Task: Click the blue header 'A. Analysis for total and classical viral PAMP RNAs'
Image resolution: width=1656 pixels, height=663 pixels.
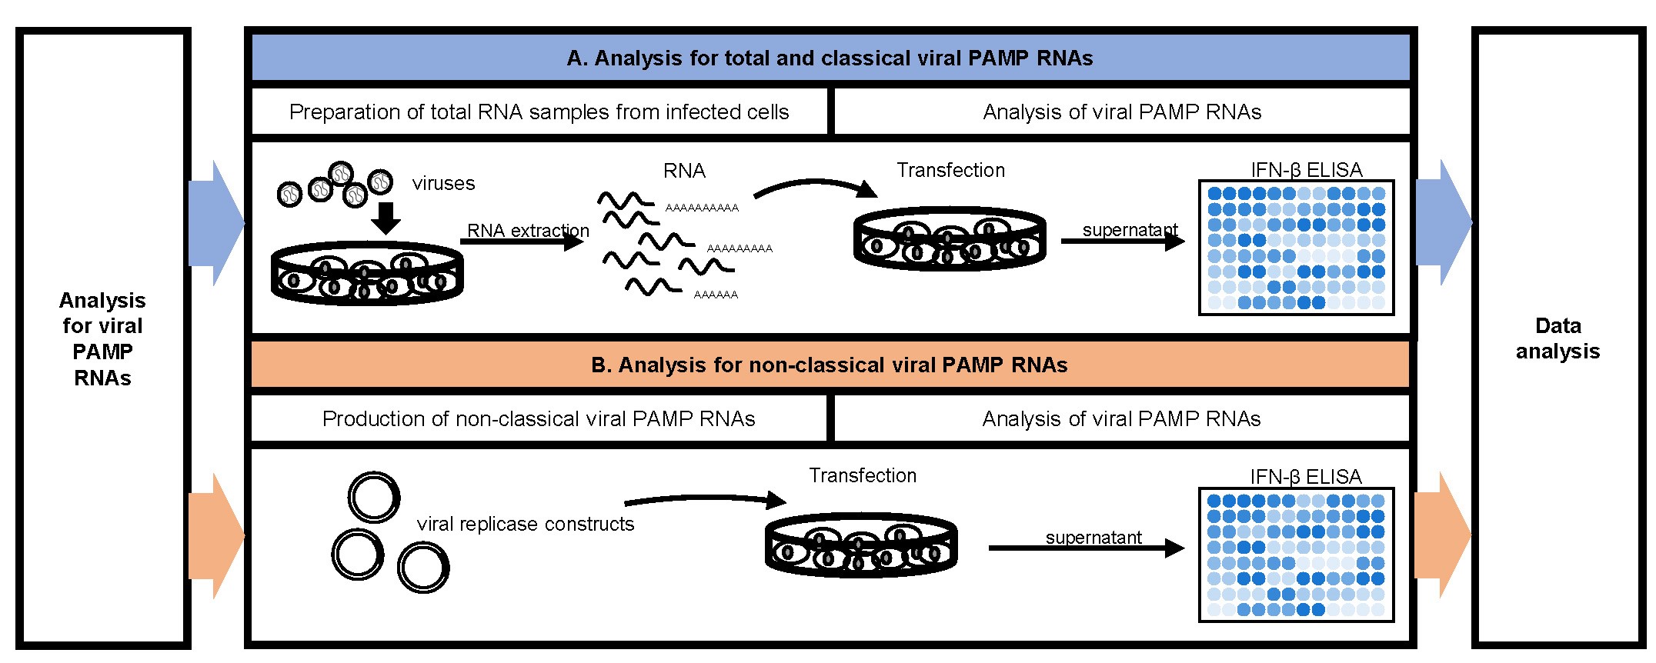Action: click(830, 58)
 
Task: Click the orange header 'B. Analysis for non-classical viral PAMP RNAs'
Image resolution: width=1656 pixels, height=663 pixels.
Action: click(830, 365)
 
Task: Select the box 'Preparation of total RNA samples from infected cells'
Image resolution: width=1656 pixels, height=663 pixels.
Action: click(539, 112)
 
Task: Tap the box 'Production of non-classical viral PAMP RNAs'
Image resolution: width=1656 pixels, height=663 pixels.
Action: click(539, 419)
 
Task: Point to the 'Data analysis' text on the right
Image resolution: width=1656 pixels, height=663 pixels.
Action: click(1558, 338)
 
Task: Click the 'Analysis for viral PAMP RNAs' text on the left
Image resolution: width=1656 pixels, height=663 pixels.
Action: click(102, 339)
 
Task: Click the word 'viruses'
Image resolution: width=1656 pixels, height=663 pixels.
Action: click(443, 184)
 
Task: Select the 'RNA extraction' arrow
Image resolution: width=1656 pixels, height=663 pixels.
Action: click(522, 242)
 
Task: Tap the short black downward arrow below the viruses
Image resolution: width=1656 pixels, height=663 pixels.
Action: click(386, 218)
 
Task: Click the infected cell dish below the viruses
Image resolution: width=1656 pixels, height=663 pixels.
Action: click(367, 274)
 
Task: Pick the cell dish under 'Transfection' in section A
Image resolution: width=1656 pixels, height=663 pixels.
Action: click(950, 238)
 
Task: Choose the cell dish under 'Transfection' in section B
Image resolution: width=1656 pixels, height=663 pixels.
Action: click(861, 545)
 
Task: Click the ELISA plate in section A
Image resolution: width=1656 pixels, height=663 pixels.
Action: click(1297, 248)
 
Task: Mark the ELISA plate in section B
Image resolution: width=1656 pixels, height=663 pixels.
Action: click(1297, 555)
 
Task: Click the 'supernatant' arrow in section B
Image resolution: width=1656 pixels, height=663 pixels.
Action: click(1087, 548)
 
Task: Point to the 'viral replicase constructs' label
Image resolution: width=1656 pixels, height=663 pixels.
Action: click(526, 525)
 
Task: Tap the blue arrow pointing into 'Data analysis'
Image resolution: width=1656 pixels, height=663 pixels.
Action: click(1444, 223)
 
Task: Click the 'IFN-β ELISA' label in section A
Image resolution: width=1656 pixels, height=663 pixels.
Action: click(1307, 170)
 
